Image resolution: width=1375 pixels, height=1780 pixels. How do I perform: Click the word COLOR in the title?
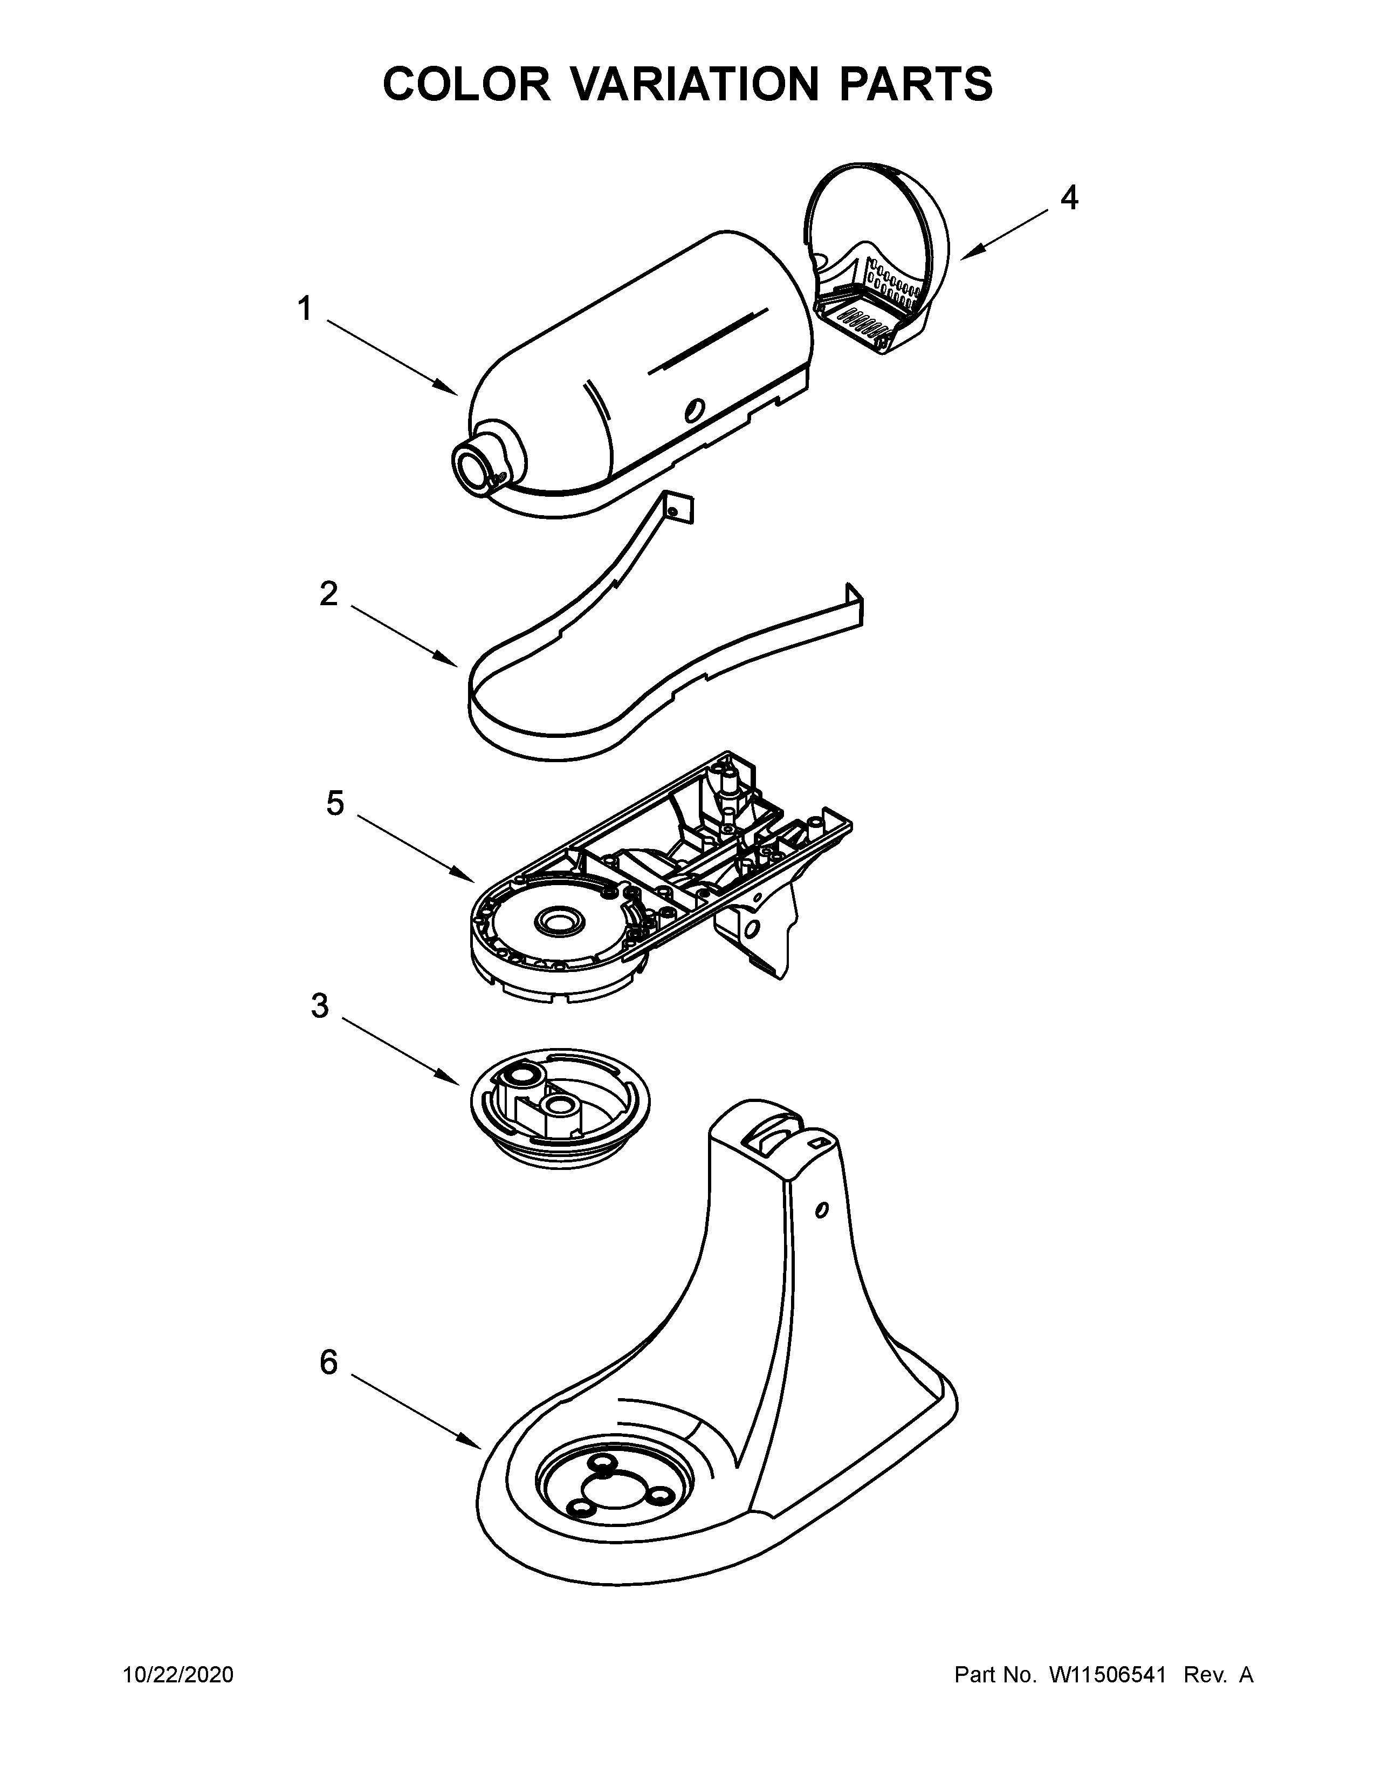coord(467,84)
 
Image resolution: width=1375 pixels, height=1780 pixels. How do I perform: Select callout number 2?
coord(328,594)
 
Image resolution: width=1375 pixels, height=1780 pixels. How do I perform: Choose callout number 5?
coord(335,804)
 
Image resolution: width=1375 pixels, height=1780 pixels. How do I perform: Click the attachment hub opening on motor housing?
coord(472,470)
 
